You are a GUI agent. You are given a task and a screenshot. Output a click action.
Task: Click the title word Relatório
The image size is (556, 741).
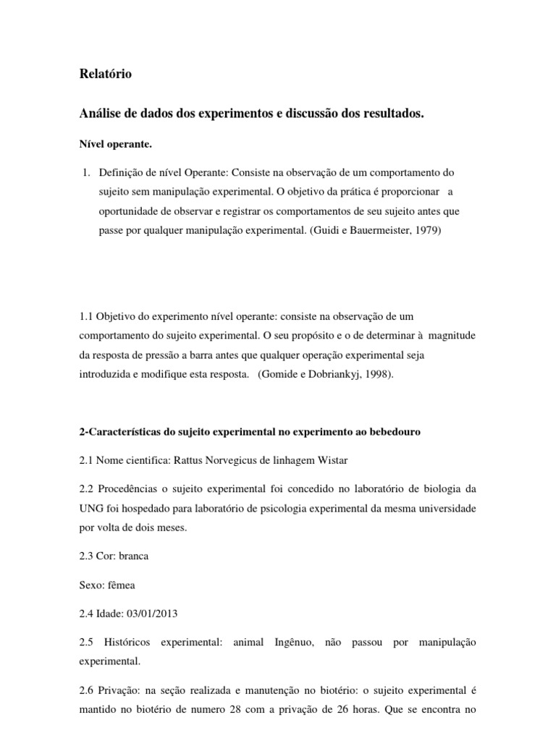pos(105,74)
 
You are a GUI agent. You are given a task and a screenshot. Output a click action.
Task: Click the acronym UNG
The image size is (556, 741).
pos(92,509)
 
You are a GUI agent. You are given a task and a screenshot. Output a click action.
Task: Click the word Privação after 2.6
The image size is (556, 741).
pos(119,690)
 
